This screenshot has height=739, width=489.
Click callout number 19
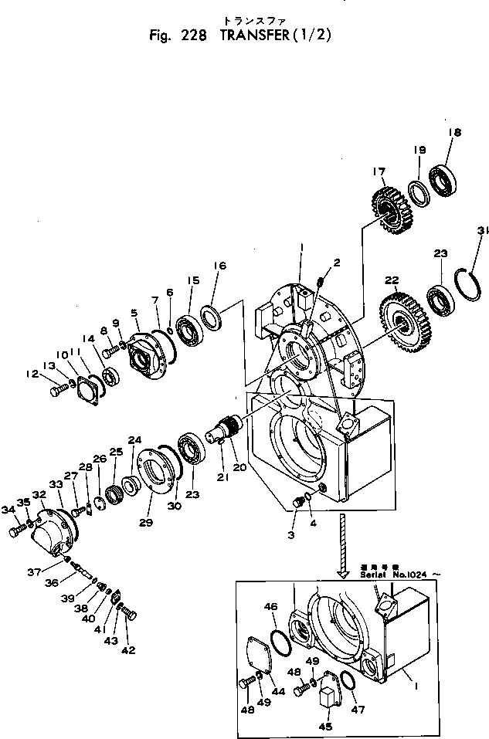point(418,149)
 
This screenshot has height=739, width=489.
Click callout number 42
point(128,649)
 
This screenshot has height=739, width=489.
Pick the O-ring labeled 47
point(348,682)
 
